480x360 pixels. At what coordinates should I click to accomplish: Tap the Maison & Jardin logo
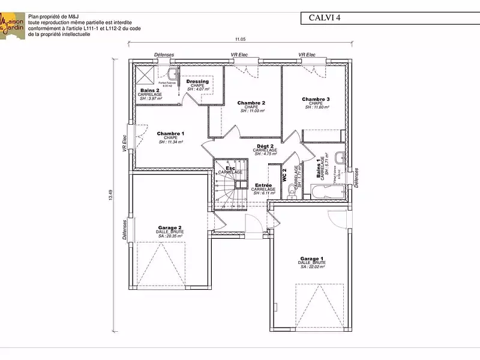click(13, 25)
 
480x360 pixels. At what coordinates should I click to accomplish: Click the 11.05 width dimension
click(240, 40)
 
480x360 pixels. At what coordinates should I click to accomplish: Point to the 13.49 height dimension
click(110, 196)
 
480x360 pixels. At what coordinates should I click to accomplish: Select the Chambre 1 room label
click(170, 134)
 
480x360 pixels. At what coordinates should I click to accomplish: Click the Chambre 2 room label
click(251, 103)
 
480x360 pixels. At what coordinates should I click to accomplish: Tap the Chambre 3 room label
click(316, 99)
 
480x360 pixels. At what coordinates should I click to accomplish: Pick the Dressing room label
click(197, 82)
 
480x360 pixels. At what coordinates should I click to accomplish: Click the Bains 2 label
click(150, 91)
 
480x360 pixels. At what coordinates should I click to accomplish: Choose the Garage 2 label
click(169, 228)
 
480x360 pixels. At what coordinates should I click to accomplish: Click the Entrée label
click(264, 185)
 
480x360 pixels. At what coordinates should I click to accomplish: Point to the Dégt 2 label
click(265, 146)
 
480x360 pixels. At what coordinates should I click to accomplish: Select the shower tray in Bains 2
click(145, 76)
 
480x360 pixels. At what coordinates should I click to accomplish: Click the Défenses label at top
click(164, 55)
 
